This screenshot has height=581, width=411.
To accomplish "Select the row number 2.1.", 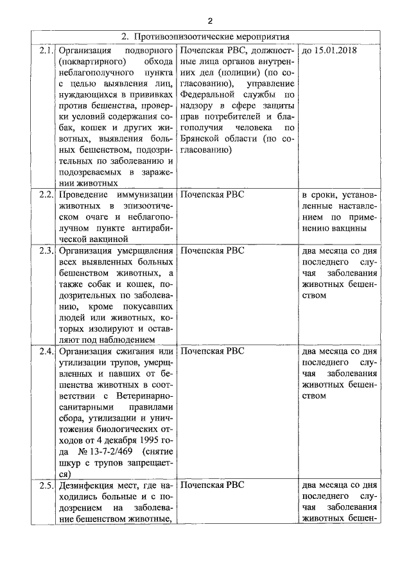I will coord(46,50).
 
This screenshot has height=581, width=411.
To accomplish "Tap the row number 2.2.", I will coord(46,194).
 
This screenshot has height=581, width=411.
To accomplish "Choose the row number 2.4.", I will coord(46,351).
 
